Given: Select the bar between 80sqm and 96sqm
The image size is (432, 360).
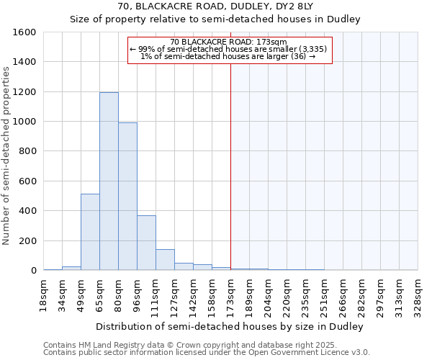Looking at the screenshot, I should click(x=127, y=197).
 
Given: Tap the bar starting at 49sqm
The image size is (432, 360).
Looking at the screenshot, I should click(x=90, y=232).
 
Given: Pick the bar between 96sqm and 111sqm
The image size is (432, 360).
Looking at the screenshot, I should click(x=146, y=243).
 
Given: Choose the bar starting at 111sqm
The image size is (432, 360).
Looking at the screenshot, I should click(x=165, y=260).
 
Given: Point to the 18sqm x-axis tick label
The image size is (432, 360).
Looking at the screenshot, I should click(x=43, y=294).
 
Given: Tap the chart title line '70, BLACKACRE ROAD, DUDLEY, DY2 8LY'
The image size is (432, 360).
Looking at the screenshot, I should click(x=215, y=6).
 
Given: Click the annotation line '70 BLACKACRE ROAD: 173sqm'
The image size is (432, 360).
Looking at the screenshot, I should click(x=230, y=42).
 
